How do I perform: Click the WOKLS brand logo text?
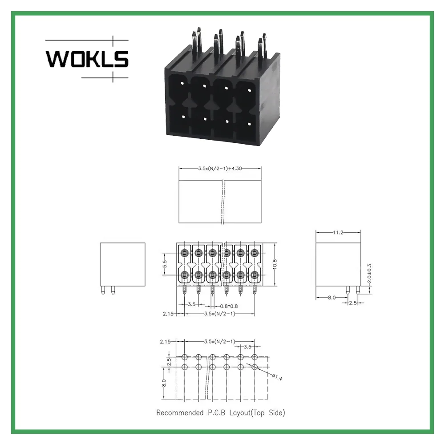(87, 59)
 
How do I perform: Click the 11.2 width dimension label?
(338, 232)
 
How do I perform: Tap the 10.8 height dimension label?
(275, 264)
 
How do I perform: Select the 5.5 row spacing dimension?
(165, 264)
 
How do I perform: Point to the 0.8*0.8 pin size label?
(229, 306)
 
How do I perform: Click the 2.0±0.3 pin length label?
(369, 274)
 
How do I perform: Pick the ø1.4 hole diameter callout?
(277, 377)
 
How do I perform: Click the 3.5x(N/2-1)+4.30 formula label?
(220, 168)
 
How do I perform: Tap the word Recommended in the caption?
(180, 413)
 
